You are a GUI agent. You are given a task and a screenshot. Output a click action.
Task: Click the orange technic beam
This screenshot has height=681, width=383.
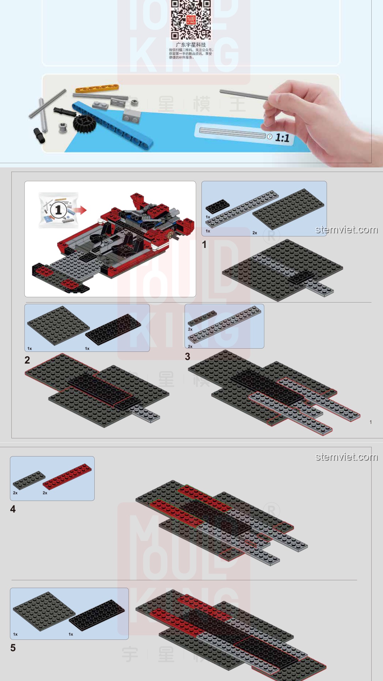click(x=96, y=88)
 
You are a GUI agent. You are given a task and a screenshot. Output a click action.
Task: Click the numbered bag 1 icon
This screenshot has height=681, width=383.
click(x=59, y=210)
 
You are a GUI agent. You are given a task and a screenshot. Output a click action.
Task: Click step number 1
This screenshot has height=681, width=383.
click(x=204, y=244)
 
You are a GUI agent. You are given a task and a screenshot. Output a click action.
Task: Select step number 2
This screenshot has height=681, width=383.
click(x=27, y=360)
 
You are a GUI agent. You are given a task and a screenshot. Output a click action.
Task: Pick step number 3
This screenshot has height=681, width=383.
click(x=188, y=356)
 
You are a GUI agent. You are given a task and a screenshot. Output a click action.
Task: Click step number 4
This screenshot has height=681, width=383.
click(x=13, y=509)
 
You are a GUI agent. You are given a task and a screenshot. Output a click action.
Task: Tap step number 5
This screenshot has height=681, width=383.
click(x=13, y=648)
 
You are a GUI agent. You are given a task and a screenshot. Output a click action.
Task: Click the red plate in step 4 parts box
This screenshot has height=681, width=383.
click(x=67, y=476)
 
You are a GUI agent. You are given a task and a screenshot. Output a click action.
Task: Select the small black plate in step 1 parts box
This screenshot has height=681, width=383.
click(x=217, y=206)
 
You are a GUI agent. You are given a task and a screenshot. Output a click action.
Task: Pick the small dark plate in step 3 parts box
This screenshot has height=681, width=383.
click(x=202, y=318)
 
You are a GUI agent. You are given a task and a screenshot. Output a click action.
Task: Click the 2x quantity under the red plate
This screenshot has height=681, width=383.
click(x=45, y=493)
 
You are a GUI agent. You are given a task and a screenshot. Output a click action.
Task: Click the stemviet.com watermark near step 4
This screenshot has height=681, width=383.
click(x=346, y=457)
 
